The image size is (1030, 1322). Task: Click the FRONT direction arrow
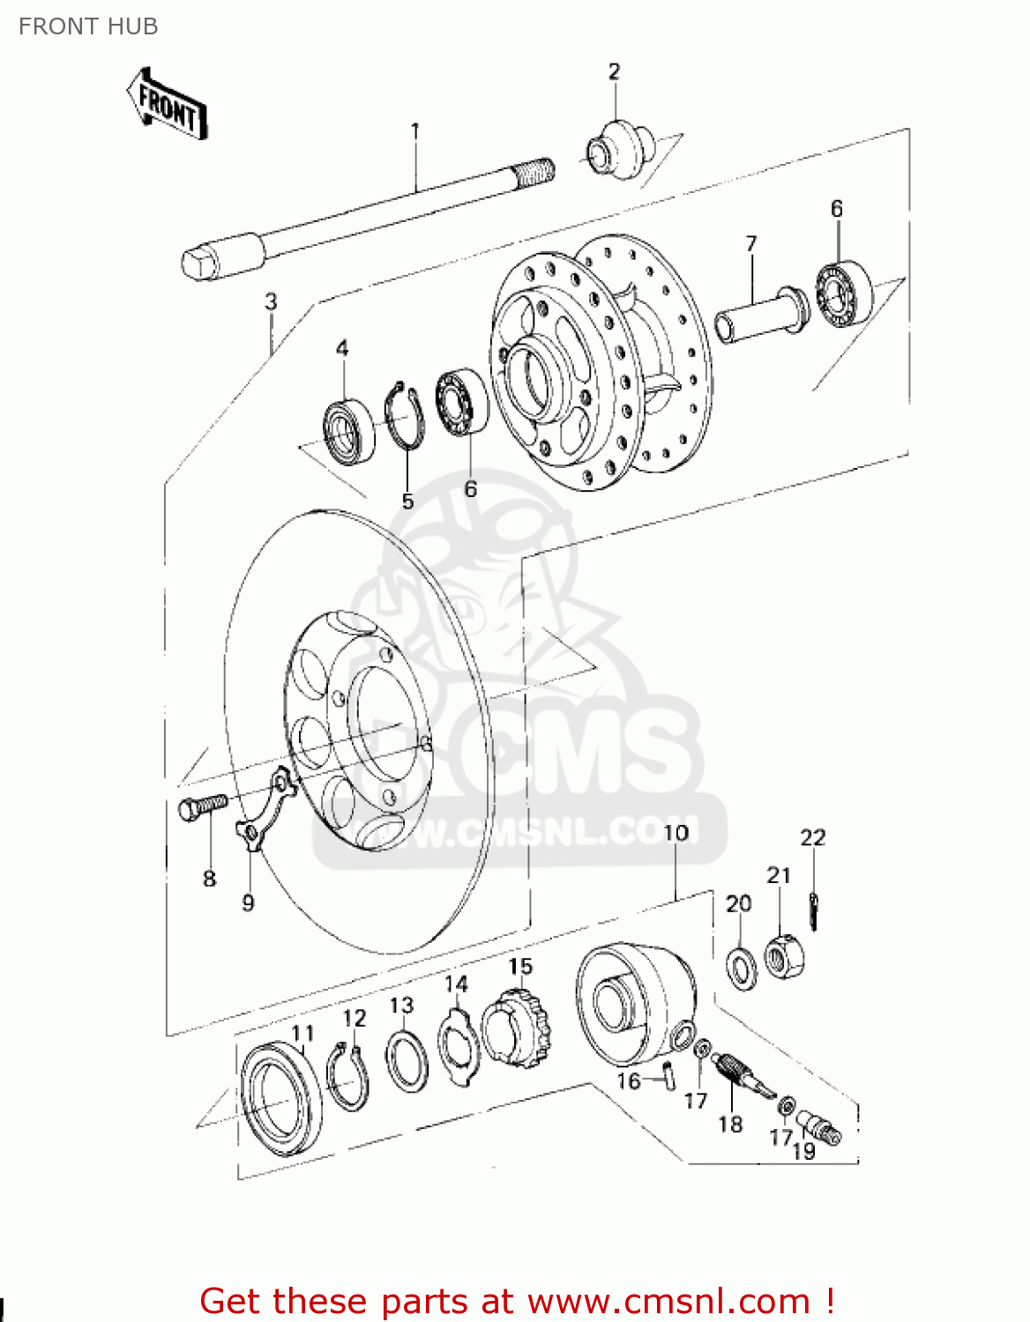(167, 105)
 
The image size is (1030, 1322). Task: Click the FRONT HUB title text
(88, 26)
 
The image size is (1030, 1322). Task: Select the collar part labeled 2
(619, 151)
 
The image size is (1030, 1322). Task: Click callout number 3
(271, 301)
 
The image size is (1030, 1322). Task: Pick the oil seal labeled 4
(348, 431)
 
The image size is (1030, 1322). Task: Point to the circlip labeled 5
(405, 415)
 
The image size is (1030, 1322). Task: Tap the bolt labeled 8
(202, 806)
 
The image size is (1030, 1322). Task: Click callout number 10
(675, 833)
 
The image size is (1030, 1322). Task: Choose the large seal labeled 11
(281, 1099)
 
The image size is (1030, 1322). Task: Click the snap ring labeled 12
(347, 1076)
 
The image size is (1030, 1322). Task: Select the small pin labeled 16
(668, 1075)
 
